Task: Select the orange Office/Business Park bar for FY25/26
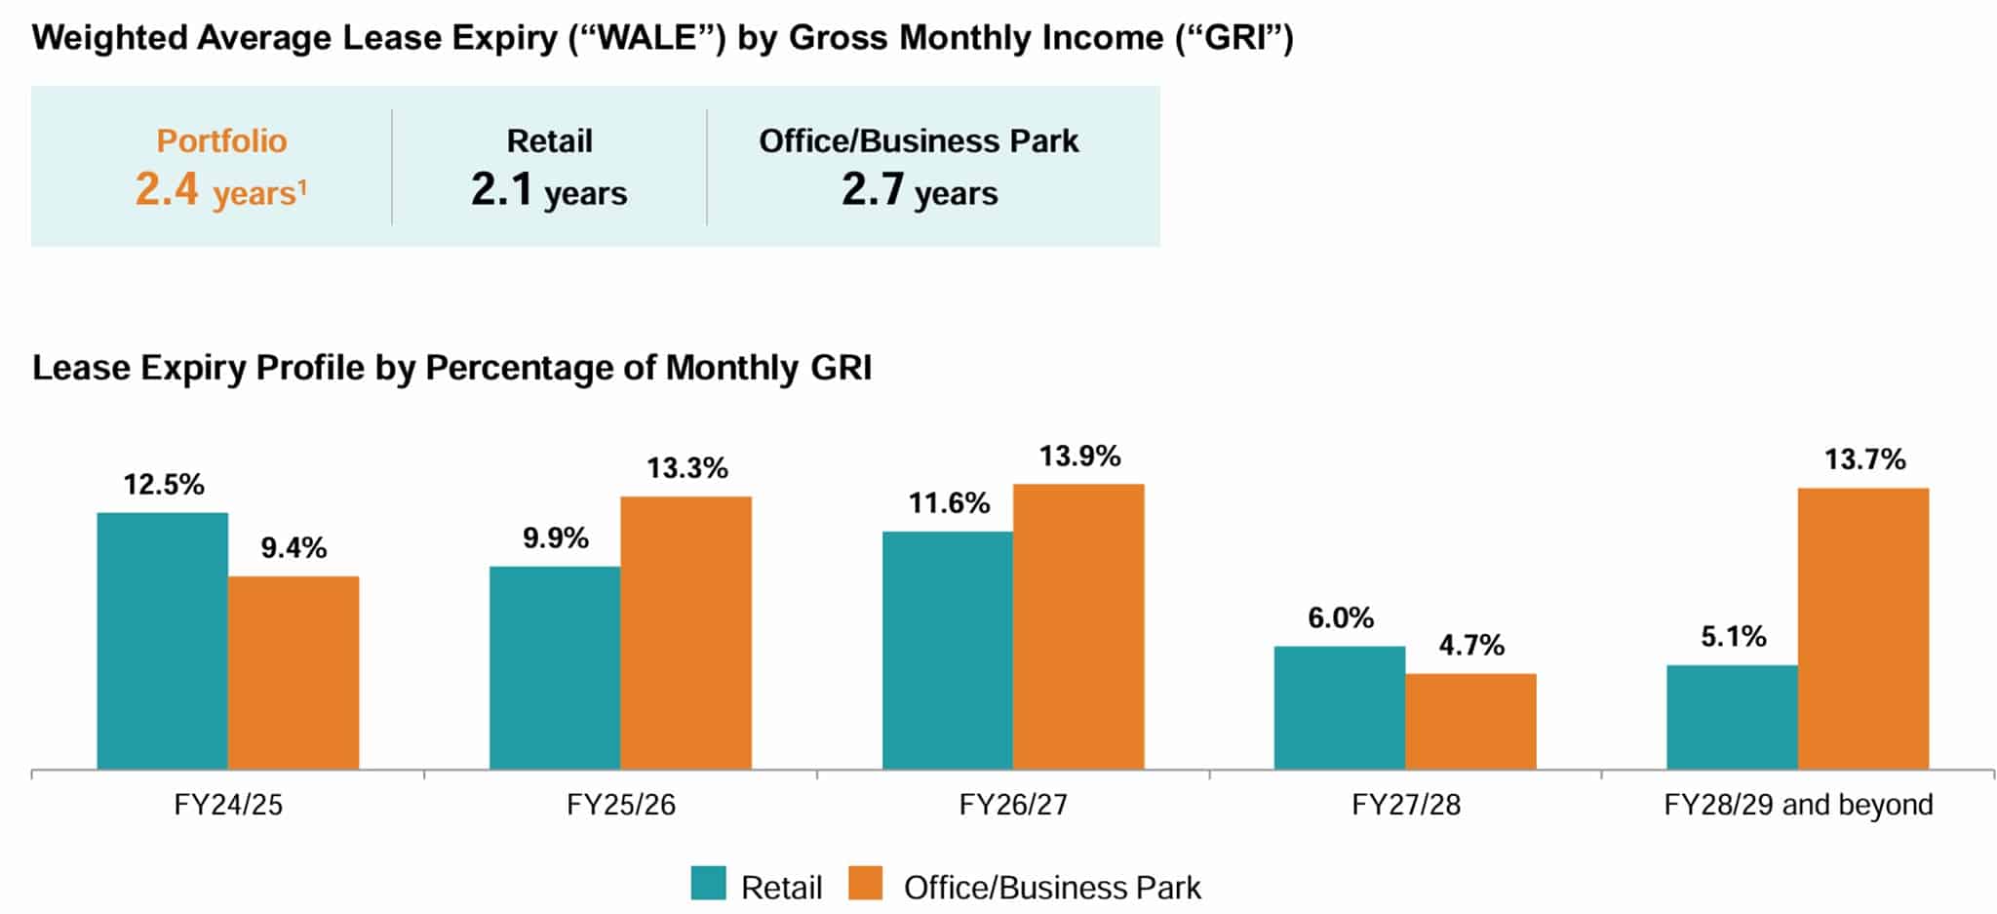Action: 685,633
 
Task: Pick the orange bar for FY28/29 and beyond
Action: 1862,629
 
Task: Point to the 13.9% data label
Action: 1079,457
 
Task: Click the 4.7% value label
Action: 1471,646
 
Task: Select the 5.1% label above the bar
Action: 1733,637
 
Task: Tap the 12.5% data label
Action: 164,485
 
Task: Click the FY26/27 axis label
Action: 1013,805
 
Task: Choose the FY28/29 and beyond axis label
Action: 1797,805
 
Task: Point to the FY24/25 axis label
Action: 228,805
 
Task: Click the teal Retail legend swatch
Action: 709,883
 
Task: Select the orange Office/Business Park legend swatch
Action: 865,883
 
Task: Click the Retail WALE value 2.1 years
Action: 549,189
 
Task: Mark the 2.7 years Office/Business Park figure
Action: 920,189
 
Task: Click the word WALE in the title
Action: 649,38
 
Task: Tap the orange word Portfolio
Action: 221,140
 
